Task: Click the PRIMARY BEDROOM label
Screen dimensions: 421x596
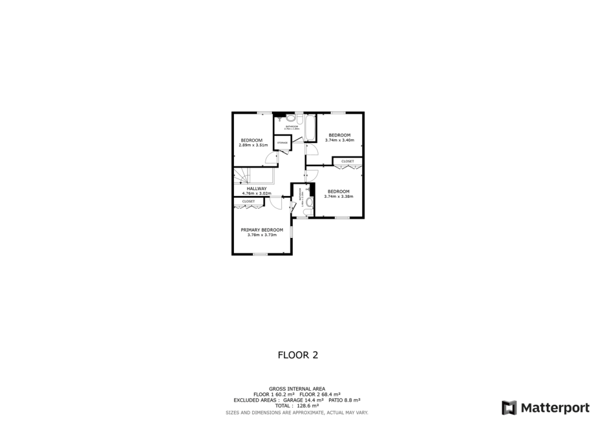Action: coord(262,230)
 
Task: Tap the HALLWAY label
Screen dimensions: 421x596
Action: coord(256,188)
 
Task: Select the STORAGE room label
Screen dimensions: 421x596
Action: coord(282,142)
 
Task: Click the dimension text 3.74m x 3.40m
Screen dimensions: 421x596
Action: coord(339,140)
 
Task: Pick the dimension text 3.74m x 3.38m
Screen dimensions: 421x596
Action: coord(338,196)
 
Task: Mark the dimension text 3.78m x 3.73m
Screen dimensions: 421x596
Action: coord(262,235)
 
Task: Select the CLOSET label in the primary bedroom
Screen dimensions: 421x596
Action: coord(249,201)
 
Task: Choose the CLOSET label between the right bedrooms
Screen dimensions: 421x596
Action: coord(347,161)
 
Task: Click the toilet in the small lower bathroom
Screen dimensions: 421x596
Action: coord(310,202)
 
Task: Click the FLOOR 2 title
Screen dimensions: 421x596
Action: coord(297,355)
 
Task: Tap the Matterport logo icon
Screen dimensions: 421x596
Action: coord(509,407)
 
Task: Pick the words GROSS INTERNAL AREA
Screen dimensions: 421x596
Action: coord(297,388)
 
